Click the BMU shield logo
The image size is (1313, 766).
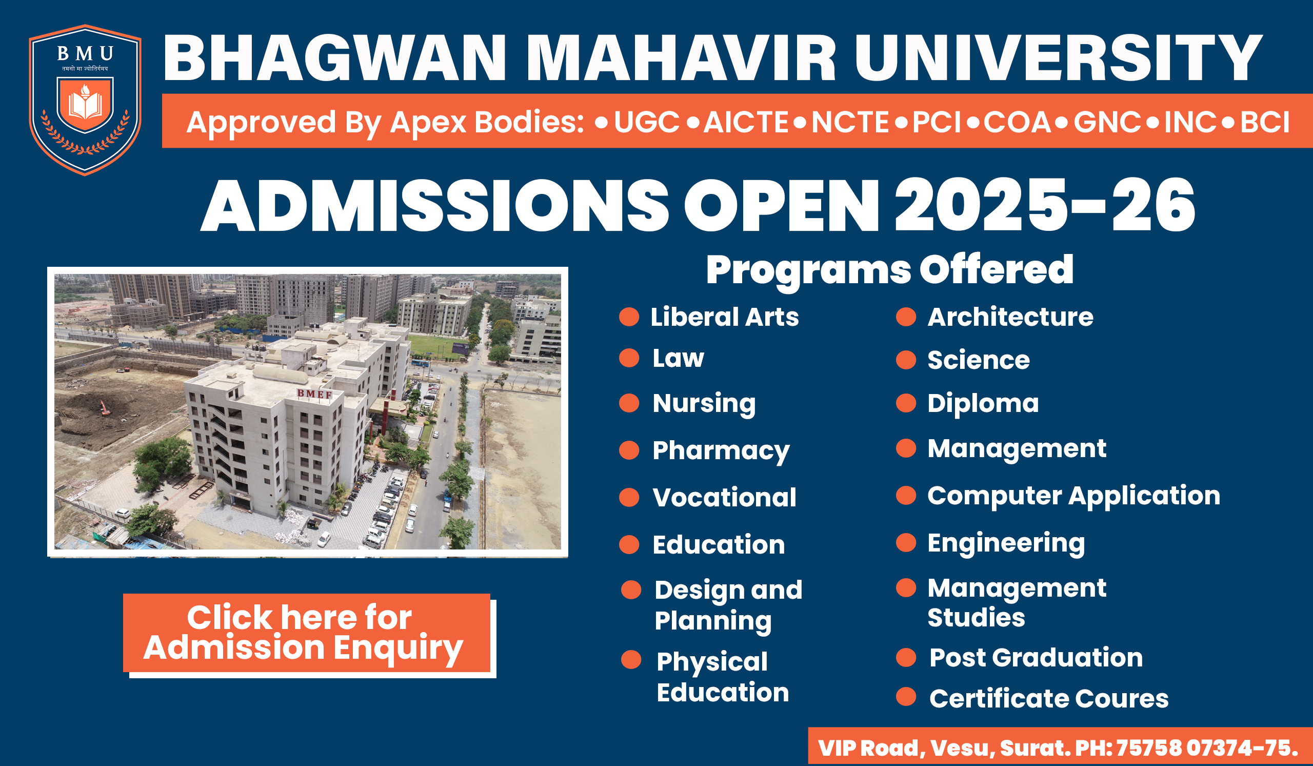pyautogui.click(x=85, y=100)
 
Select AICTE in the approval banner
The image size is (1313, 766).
pyautogui.click(x=746, y=123)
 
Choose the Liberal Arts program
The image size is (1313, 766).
pyautogui.click(x=724, y=317)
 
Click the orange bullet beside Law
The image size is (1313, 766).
pyautogui.click(x=629, y=358)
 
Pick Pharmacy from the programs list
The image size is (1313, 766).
pyautogui.click(x=721, y=451)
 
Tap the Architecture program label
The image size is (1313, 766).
pyautogui.click(x=1010, y=317)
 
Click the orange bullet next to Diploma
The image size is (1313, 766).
pyautogui.click(x=906, y=403)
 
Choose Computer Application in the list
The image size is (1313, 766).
pyautogui.click(x=1074, y=496)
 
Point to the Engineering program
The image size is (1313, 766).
pyautogui.click(x=1006, y=544)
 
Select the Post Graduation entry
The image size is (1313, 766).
pyautogui.click(x=1036, y=658)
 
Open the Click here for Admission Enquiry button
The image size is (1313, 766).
pyautogui.click(x=307, y=633)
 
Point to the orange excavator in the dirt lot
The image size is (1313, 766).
pyautogui.click(x=105, y=408)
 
